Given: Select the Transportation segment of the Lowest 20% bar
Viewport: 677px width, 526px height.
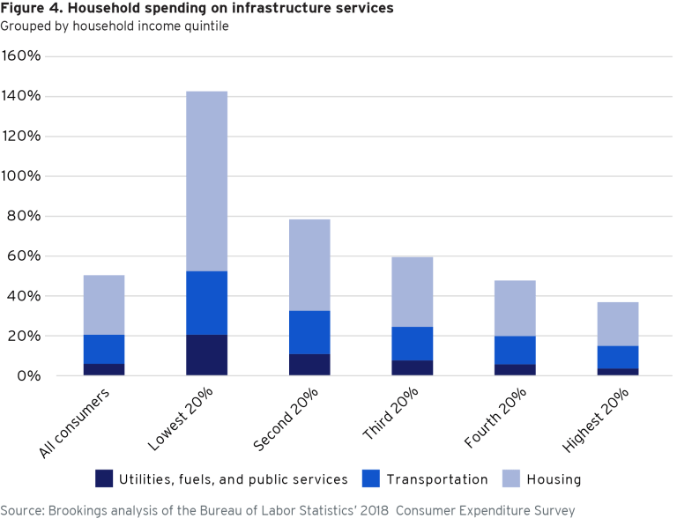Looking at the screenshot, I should [206, 303].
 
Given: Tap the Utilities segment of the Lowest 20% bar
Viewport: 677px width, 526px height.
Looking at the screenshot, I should [206, 355].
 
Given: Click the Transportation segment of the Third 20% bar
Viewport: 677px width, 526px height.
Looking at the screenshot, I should [413, 344].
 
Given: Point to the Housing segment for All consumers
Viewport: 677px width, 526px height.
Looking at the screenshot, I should [104, 305].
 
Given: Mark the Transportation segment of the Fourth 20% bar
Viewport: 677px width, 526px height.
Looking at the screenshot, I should [515, 350].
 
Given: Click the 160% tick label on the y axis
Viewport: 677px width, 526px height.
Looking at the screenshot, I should [21, 56].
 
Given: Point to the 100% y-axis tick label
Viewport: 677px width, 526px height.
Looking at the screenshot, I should [21, 176].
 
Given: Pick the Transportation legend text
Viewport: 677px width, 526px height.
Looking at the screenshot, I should [436, 479].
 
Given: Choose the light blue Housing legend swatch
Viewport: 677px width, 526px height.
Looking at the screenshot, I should [510, 479].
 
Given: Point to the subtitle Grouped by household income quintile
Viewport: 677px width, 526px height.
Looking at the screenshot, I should [114, 26].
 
